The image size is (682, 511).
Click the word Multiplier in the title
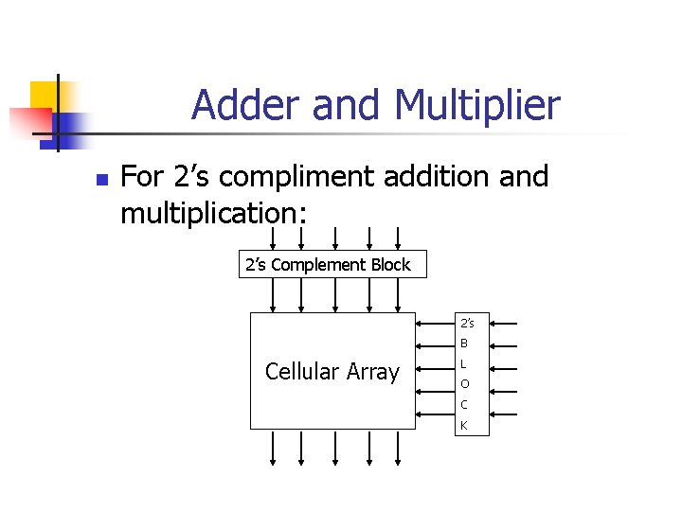477,106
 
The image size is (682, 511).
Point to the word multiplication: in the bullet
214,214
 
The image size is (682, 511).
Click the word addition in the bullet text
436,177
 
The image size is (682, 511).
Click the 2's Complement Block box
328,265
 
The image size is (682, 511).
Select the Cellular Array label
332,372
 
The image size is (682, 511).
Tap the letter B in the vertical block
464,344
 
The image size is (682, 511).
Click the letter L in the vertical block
464,364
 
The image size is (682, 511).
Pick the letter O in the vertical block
464,384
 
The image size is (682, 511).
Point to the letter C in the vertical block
464,405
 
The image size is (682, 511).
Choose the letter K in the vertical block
464,426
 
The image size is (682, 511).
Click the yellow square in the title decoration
45,96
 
